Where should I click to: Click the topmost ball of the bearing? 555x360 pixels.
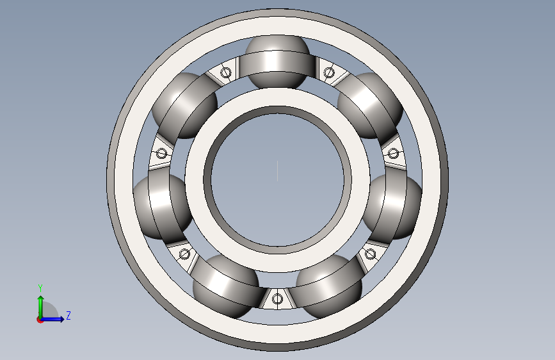tap(278, 62)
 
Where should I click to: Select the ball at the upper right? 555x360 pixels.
tap(370, 106)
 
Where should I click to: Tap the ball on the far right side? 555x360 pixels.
tap(392, 206)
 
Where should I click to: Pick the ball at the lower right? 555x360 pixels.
tap(329, 286)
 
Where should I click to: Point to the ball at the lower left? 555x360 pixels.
tap(226, 286)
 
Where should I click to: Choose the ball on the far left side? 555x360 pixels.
tap(163, 206)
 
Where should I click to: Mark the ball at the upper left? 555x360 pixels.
tap(185, 106)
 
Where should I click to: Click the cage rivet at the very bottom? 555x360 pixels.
tap(278, 299)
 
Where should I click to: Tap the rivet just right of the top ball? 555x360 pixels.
tap(329, 72)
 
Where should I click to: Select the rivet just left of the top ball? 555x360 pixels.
tap(226, 72)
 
